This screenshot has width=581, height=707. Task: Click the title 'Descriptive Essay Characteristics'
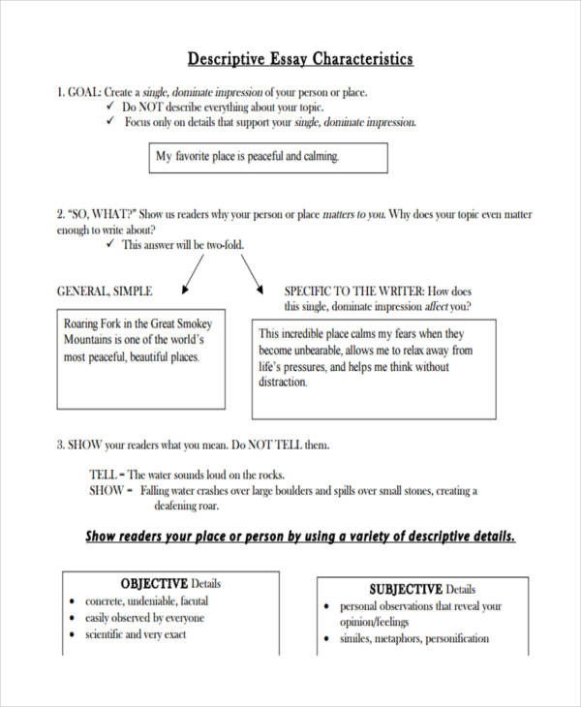[x=299, y=59]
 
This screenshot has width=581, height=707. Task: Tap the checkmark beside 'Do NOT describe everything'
[x=109, y=108]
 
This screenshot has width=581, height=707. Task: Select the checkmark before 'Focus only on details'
[x=109, y=123]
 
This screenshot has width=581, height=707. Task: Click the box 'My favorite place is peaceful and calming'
[x=268, y=157]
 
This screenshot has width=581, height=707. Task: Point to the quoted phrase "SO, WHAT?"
[x=104, y=214]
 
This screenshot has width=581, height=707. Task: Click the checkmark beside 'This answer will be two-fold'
[x=109, y=245]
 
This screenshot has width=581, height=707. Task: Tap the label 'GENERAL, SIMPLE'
[x=105, y=291]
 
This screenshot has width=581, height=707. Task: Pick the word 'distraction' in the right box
[x=283, y=383]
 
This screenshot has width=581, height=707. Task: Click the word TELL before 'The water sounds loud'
[x=104, y=475]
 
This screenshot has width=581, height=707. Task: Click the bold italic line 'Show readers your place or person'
[x=300, y=537]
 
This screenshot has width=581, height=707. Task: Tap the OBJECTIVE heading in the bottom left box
[x=153, y=584]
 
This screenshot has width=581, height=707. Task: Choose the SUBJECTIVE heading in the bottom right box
[x=405, y=589]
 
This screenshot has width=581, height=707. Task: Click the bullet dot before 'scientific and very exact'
[x=74, y=635]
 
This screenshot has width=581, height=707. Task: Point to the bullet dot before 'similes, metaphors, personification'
[x=327, y=640]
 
